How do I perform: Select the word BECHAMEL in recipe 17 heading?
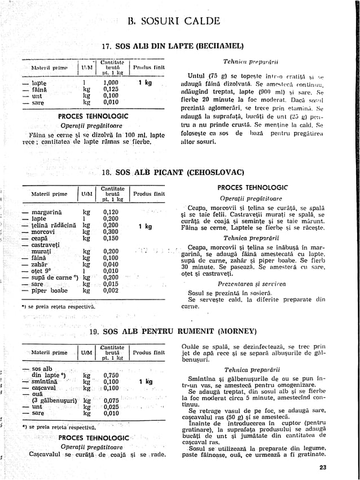tap(219, 46)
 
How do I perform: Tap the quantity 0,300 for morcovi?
tap(111, 231)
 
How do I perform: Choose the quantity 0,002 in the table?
tap(111, 290)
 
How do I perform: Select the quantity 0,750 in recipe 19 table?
tap(111, 375)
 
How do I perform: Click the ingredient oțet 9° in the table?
tap(41, 271)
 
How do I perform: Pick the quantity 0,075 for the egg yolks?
tap(111, 400)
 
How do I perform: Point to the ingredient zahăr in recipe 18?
tap(38, 264)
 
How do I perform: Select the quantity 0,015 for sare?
tap(111, 284)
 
